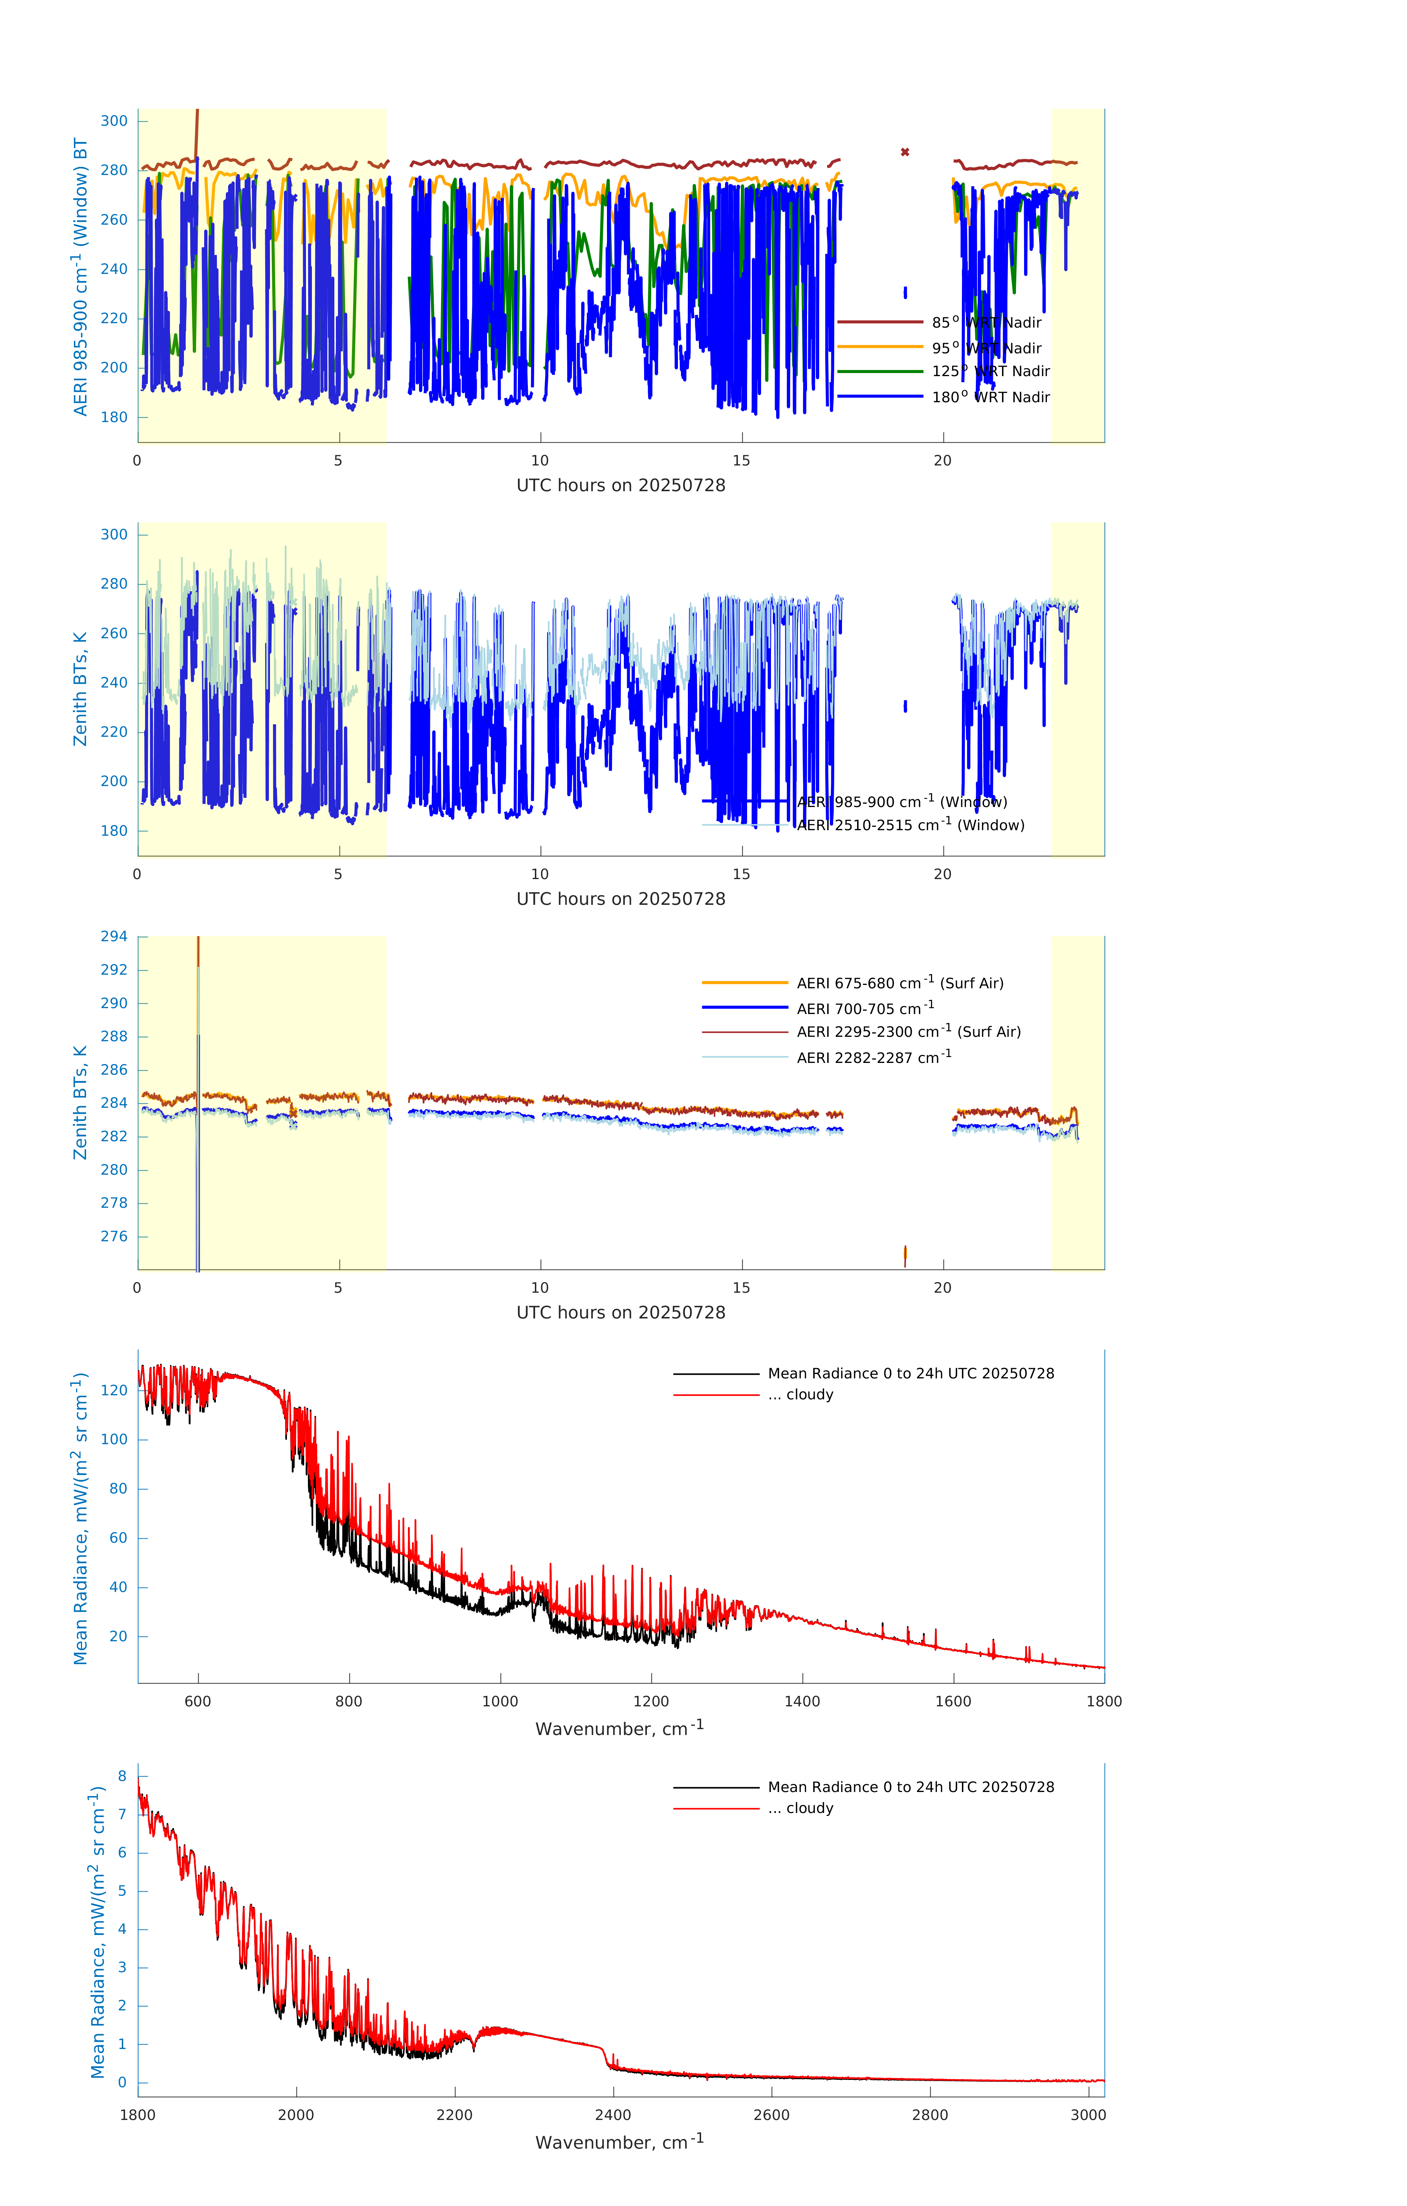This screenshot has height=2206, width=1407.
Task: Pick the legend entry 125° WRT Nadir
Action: tap(990, 371)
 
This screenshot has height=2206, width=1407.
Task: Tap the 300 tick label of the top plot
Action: tap(114, 121)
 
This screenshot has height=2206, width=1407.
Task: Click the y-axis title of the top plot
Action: tap(81, 276)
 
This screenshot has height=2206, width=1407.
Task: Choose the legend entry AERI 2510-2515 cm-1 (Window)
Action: tap(910, 825)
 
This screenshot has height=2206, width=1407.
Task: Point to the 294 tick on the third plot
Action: tap(114, 936)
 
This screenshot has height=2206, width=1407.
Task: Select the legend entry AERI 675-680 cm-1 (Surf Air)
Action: tap(899, 983)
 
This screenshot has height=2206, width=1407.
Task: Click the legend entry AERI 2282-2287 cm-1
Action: tap(874, 1058)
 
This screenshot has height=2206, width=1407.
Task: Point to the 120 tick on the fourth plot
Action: tap(114, 1390)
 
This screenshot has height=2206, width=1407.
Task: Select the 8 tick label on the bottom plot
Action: tap(122, 1776)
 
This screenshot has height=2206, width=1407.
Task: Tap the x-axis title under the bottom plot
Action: tap(619, 2143)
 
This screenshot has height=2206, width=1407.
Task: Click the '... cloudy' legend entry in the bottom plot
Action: tap(809, 1809)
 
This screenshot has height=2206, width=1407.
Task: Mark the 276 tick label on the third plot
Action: tap(114, 1237)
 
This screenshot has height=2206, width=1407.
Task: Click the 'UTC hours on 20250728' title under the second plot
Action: tap(621, 900)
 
